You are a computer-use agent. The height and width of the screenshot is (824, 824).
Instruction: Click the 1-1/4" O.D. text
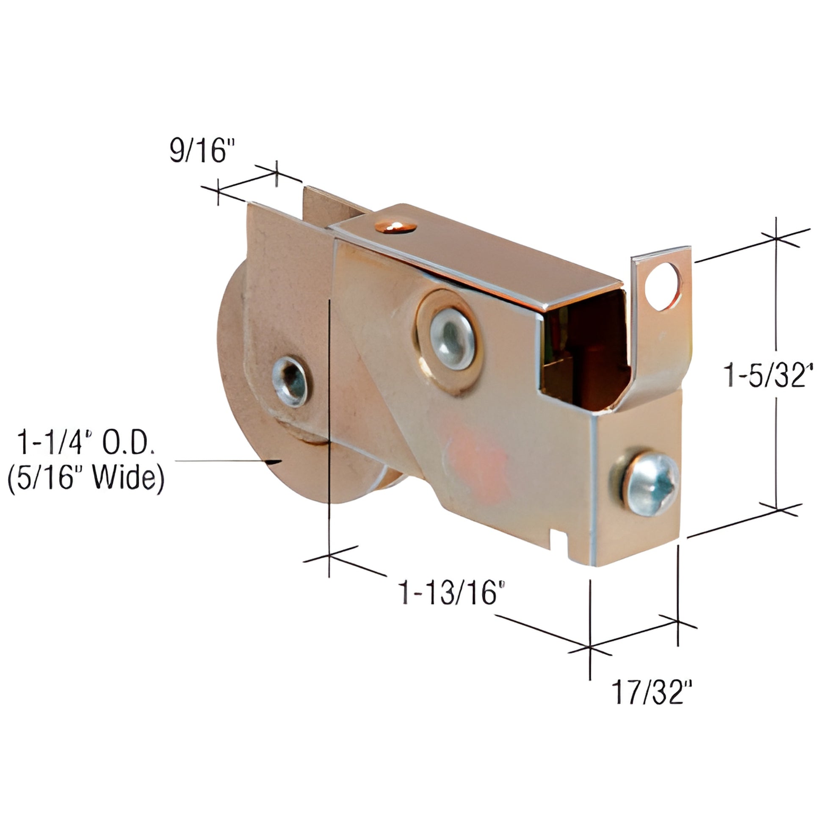[85, 444]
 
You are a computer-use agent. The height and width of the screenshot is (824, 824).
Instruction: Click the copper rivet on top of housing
[395, 227]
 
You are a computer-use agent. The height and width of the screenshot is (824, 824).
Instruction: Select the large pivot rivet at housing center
[452, 339]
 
